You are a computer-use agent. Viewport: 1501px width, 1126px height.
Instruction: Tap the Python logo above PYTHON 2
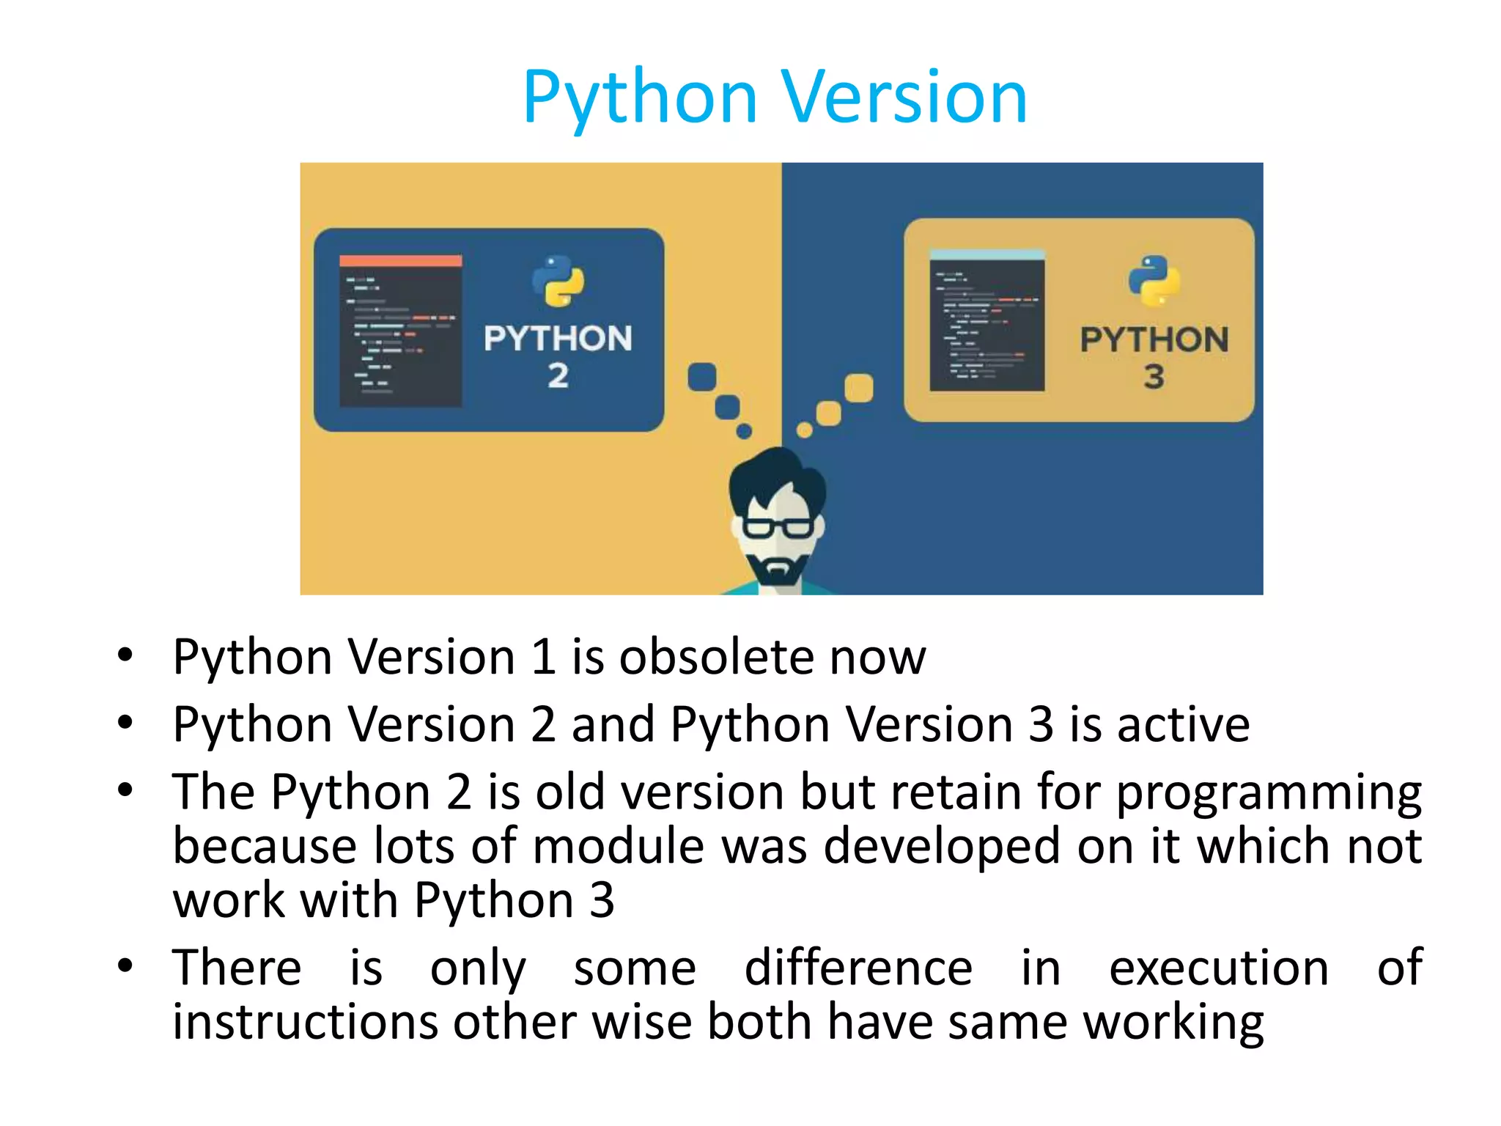pos(558,281)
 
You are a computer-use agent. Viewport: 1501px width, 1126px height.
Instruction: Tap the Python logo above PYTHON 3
pos(1154,281)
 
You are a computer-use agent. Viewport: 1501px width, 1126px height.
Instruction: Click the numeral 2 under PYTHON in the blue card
pos(558,376)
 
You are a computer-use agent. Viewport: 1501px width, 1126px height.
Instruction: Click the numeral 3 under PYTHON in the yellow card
pos(1154,377)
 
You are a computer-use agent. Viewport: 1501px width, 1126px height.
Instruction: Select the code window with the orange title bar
pos(400,331)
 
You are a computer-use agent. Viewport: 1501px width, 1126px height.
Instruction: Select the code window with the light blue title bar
pos(986,320)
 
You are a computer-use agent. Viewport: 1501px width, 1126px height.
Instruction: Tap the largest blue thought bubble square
pos(702,377)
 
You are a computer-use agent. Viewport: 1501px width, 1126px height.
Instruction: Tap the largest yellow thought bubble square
pos(858,388)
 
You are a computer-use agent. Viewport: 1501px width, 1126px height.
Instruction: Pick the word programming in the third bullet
pos(1268,793)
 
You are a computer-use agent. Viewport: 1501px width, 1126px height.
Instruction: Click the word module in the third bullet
pos(619,846)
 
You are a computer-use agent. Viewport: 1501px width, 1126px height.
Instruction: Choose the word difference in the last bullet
pos(858,968)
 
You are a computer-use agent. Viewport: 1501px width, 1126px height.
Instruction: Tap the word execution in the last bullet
pos(1218,968)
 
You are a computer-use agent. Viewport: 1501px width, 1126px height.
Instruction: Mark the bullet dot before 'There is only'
pos(125,965)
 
